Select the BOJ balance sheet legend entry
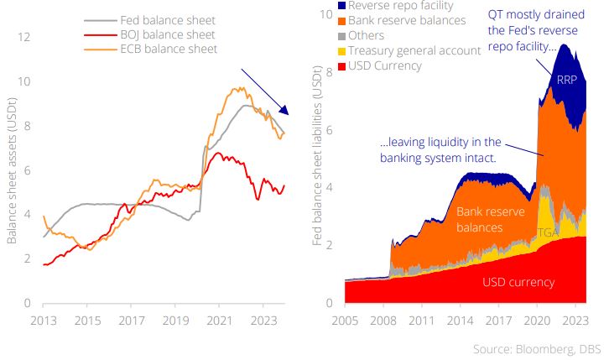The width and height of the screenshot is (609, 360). (168, 34)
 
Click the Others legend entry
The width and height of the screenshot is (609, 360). (366, 35)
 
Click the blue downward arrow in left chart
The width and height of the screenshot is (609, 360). (264, 92)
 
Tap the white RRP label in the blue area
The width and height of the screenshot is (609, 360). (567, 81)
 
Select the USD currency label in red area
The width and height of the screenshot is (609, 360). (518, 282)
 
